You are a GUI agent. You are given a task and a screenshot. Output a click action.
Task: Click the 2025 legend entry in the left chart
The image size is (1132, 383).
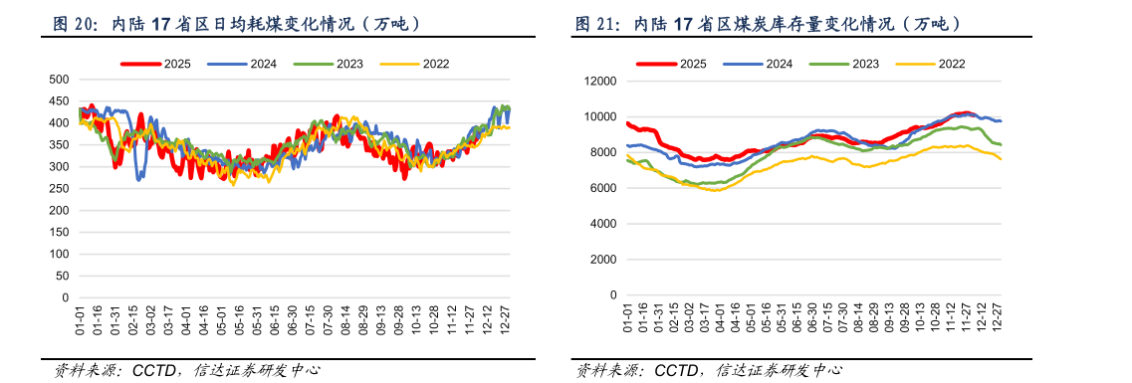155,64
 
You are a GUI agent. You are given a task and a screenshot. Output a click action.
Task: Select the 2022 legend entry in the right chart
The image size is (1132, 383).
930,64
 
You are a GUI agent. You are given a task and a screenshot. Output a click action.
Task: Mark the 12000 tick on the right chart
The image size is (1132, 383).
597,81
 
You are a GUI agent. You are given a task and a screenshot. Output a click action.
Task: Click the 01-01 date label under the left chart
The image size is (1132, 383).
80,320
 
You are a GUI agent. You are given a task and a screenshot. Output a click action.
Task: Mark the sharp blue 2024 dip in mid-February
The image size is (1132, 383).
138,179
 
